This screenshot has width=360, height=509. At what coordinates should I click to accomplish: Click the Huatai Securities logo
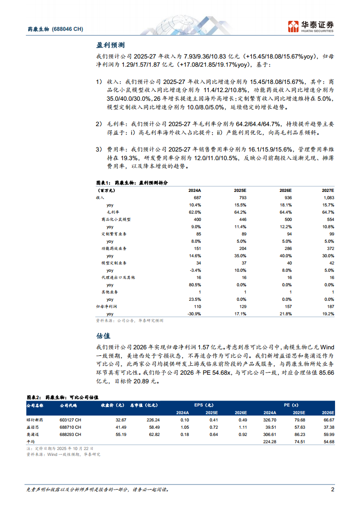click(x=311, y=26)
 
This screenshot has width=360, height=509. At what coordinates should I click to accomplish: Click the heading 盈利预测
click(x=110, y=45)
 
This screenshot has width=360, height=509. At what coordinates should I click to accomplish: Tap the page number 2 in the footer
click(x=332, y=489)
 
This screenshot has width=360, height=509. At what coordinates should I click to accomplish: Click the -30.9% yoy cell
click(x=194, y=313)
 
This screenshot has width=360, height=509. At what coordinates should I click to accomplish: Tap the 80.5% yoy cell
click(x=195, y=284)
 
